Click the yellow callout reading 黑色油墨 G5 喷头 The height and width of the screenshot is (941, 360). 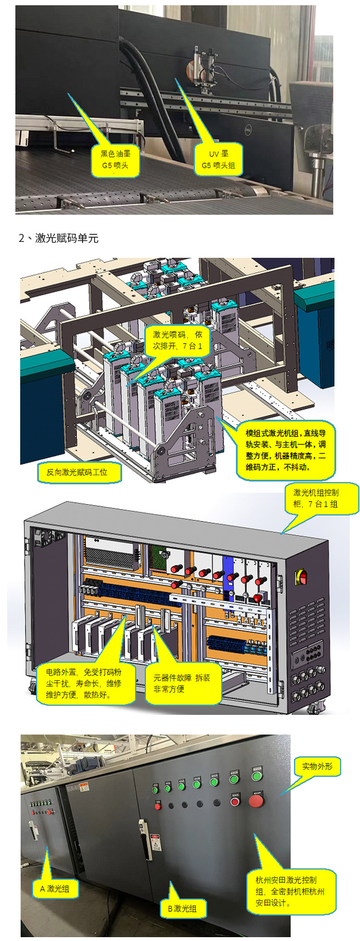coord(115,160)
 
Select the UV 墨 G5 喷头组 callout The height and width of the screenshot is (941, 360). coord(218,160)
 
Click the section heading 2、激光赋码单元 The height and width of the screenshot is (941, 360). coord(59,238)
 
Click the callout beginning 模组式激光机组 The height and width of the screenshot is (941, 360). coord(286,450)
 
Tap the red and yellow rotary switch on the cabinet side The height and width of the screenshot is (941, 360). coord(301,576)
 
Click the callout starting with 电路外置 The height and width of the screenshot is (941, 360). coord(84,683)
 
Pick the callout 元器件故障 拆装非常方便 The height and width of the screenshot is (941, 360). coord(182,683)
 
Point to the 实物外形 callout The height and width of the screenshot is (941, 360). coord(317,766)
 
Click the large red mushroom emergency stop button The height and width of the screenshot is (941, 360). coord(256,800)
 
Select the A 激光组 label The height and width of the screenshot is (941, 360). coord(55,888)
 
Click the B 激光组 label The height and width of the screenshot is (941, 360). coord(182,908)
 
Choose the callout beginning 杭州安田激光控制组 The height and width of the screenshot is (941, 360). coord(290,892)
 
